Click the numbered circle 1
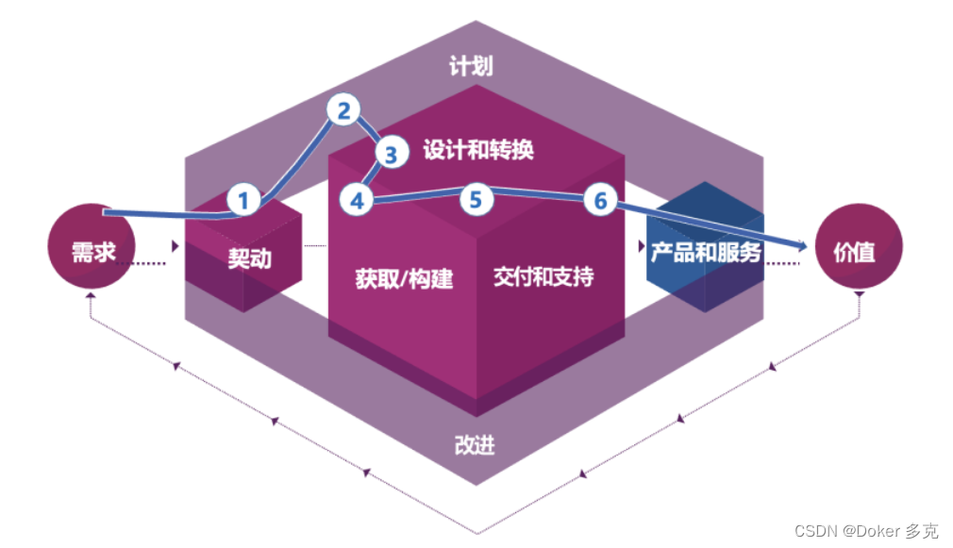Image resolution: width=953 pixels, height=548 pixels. click(243, 200)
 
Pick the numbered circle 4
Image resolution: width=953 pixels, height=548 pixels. click(357, 200)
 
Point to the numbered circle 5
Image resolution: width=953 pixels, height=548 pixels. click(476, 199)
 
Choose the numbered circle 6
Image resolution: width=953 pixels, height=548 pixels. click(600, 200)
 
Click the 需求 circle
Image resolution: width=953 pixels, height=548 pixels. click(93, 251)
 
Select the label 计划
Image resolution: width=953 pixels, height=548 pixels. click(472, 66)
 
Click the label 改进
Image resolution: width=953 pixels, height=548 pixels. click(474, 445)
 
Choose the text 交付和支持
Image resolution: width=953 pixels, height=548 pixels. click(543, 276)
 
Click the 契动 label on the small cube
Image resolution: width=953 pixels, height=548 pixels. click(249, 257)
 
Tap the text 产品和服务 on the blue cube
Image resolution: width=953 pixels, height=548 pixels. click(705, 252)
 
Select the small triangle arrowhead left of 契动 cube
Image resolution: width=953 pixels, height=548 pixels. click(176, 247)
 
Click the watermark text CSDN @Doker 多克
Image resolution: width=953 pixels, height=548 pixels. click(865, 531)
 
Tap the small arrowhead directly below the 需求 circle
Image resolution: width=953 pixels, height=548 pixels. click(90, 296)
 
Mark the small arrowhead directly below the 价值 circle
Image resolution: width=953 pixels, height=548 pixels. click(860, 294)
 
